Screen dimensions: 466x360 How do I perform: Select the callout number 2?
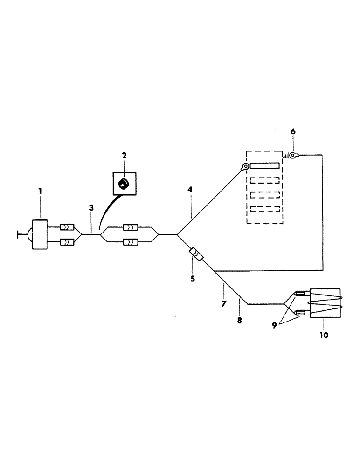(x=125, y=155)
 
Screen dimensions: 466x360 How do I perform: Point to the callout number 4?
(x=190, y=190)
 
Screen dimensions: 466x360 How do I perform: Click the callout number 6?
(x=293, y=132)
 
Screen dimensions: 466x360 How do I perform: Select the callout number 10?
(x=324, y=334)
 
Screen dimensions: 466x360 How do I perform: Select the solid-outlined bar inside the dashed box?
(x=265, y=165)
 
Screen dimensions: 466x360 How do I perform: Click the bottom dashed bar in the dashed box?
(x=265, y=209)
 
